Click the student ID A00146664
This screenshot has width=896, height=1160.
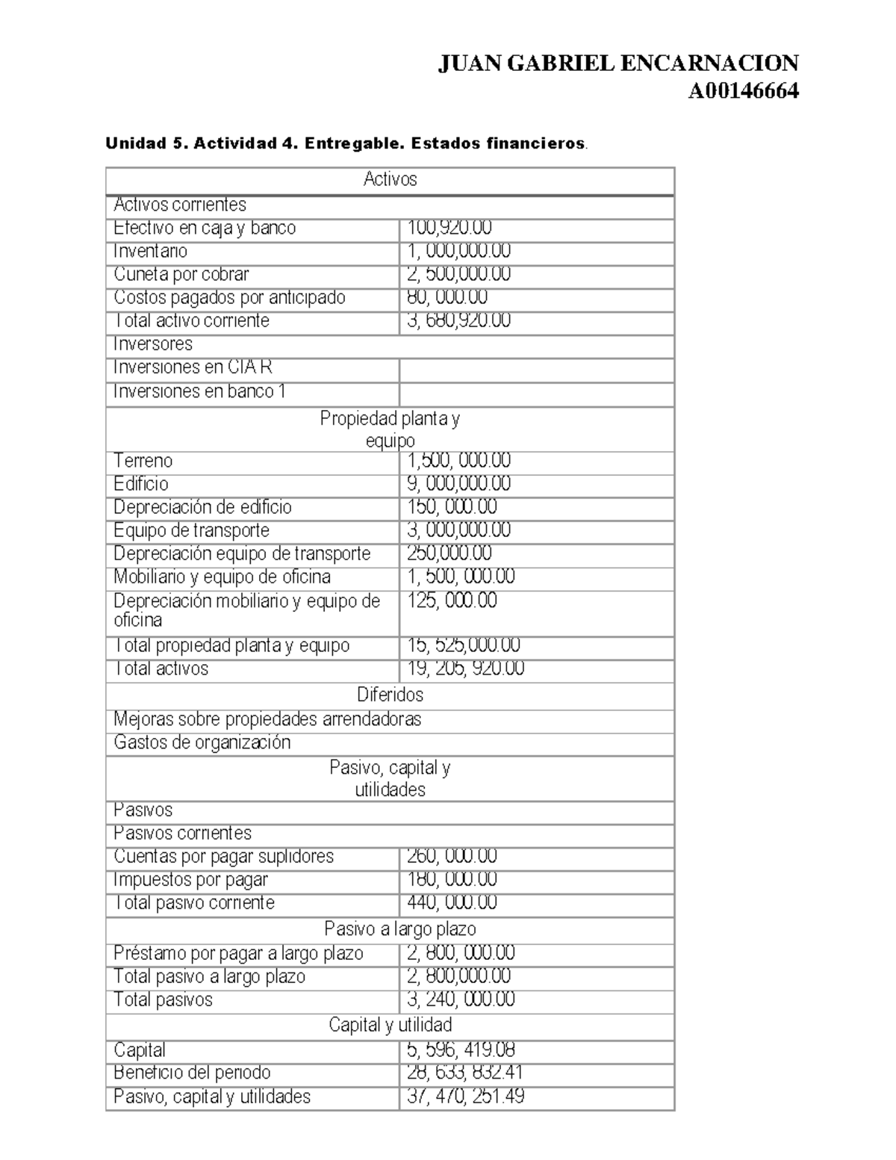tap(743, 91)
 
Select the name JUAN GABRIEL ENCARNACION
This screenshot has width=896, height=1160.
tap(617, 63)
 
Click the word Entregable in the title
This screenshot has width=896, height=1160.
tap(349, 143)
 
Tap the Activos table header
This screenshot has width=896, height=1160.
tap(390, 179)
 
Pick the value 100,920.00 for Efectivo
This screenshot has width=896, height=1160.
tap(449, 228)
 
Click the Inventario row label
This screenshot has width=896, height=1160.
tap(150, 251)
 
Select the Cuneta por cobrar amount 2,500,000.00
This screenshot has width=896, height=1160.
tap(458, 274)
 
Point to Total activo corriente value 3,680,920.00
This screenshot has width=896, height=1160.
tap(458, 320)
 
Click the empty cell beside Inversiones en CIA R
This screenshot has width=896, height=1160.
tap(536, 369)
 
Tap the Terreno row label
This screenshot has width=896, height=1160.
tap(143, 461)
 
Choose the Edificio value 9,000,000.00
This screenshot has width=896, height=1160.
tap(458, 484)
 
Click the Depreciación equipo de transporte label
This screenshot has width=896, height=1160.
tap(241, 553)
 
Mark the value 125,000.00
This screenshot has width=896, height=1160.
tap(452, 601)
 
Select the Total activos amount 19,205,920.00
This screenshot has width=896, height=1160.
tap(465, 669)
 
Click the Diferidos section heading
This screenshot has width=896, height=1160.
tap(390, 695)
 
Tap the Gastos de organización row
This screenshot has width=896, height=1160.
tap(202, 742)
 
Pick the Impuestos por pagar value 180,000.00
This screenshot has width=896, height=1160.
tap(452, 880)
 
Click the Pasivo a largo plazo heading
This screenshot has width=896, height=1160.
tap(399, 929)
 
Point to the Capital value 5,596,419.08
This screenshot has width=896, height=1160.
tap(461, 1050)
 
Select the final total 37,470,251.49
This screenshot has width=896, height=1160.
tap(465, 1097)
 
